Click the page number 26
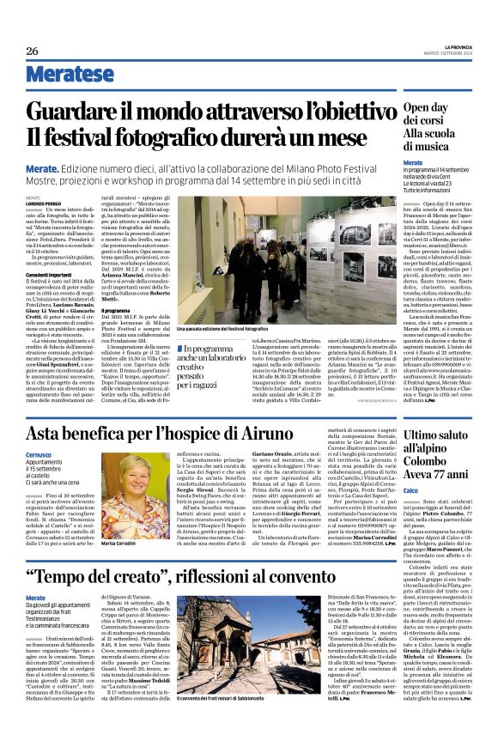[x=32, y=52]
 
